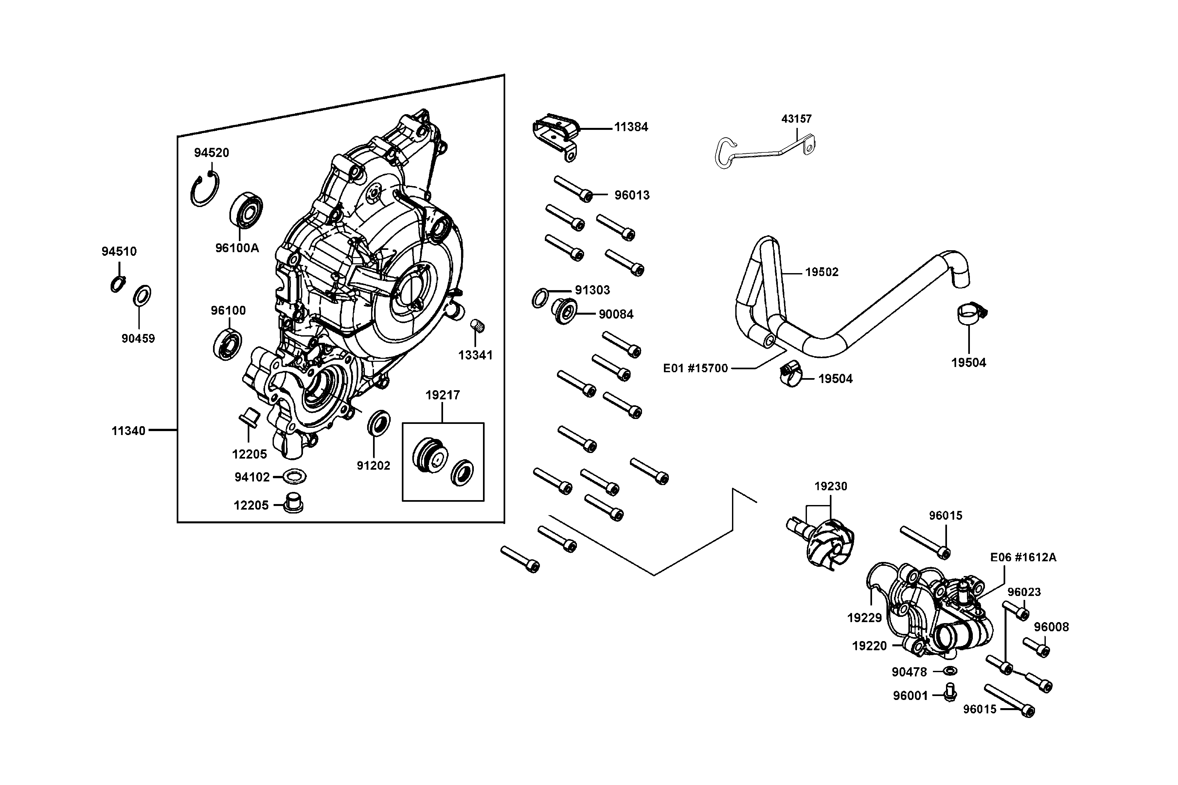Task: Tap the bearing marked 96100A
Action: pyautogui.click(x=246, y=209)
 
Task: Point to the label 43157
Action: pyautogui.click(x=796, y=119)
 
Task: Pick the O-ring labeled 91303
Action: pyautogui.click(x=539, y=299)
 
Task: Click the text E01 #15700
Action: pyautogui.click(x=695, y=369)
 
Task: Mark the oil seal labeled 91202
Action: pyautogui.click(x=379, y=423)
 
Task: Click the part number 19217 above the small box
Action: pyautogui.click(x=442, y=395)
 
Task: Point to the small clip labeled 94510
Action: pyautogui.click(x=118, y=284)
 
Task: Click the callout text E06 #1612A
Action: pyautogui.click(x=1023, y=558)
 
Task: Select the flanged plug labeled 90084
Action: pyautogui.click(x=564, y=311)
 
